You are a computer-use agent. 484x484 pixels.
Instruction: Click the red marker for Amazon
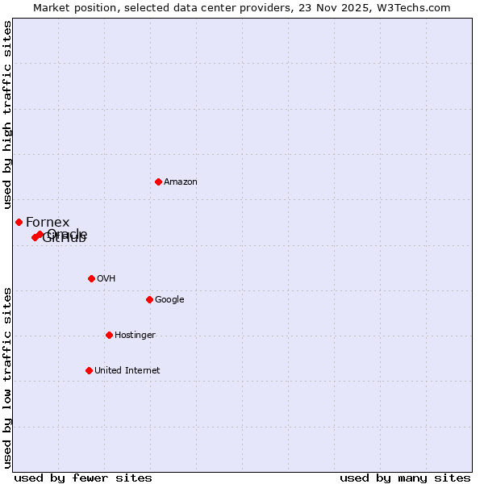158,181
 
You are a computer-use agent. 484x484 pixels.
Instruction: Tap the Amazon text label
181,182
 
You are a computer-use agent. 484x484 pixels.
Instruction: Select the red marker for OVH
91,278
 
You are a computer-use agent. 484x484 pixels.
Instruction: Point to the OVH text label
106,279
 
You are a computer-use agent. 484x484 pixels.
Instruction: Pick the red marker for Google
149,299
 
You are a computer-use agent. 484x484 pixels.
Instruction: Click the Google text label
169,300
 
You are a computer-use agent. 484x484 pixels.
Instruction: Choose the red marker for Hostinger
109,335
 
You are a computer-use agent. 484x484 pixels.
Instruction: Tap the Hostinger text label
135,336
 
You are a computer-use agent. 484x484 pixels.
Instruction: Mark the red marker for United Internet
89,370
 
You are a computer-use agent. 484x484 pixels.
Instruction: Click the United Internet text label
127,371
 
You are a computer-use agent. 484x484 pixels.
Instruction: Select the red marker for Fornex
19,222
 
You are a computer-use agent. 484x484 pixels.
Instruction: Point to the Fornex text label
48,223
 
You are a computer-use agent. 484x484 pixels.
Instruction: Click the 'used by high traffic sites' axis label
7,115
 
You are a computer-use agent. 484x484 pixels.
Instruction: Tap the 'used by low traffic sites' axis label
7,377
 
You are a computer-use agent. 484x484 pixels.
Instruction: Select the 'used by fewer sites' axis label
83,478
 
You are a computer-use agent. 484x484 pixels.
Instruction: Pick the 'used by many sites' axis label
405,478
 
